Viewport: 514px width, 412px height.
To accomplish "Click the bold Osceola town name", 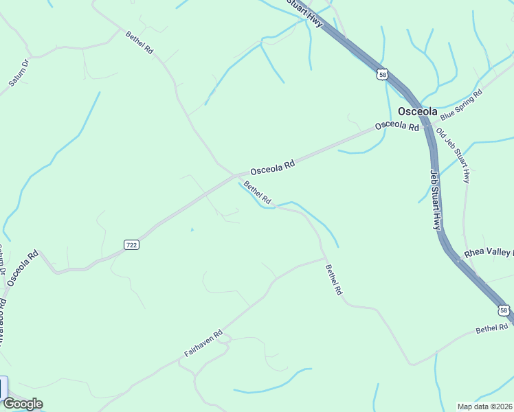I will pyautogui.click(x=417, y=111).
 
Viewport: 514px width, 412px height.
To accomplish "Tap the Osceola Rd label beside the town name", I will pyautogui.click(x=396, y=127).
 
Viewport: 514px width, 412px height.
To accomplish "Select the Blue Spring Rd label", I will pyautogui.click(x=461, y=104).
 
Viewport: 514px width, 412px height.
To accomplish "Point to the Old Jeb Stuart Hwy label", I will pyautogui.click(x=454, y=157).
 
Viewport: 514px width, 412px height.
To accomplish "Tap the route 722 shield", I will pyautogui.click(x=133, y=244).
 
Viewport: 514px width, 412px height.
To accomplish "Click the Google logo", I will pyautogui.click(x=22, y=404).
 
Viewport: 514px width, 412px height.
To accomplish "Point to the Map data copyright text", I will pyautogui.click(x=485, y=407).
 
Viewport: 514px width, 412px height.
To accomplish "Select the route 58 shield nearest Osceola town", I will pyautogui.click(x=383, y=74).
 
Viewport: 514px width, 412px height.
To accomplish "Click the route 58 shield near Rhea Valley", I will pyautogui.click(x=505, y=311).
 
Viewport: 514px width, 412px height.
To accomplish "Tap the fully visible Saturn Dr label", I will pyautogui.click(x=19, y=73).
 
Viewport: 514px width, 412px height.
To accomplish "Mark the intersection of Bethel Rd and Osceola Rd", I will pyautogui.click(x=238, y=174).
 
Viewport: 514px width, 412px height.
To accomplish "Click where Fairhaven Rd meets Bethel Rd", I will pyautogui.click(x=324, y=259).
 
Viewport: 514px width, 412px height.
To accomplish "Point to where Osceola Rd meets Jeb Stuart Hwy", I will pyautogui.click(x=429, y=126).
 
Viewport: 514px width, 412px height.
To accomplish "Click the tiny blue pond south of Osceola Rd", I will pyautogui.click(x=192, y=229).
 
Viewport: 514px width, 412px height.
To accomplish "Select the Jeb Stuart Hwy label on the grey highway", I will pyautogui.click(x=436, y=199).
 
